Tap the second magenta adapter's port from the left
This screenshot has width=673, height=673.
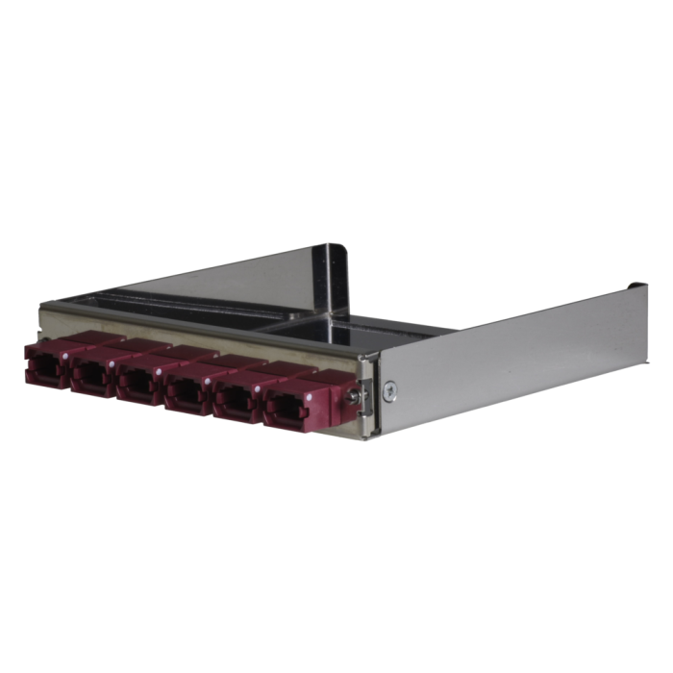91,377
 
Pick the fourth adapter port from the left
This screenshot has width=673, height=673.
186,390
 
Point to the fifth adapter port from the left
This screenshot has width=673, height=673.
234,397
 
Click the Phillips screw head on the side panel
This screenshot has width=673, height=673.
388,389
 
